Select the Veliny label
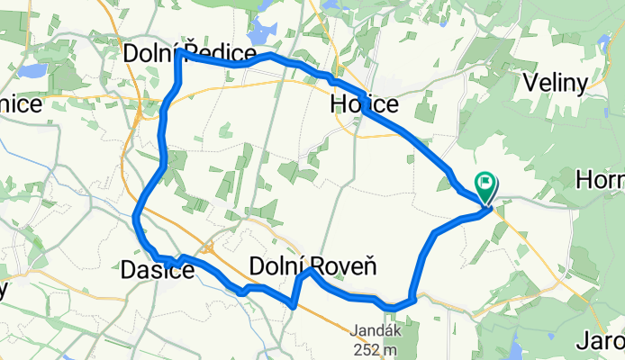[555, 84]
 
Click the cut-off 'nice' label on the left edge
[20, 104]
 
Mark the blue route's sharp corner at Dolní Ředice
[179, 53]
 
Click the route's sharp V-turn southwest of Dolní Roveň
[294, 306]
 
